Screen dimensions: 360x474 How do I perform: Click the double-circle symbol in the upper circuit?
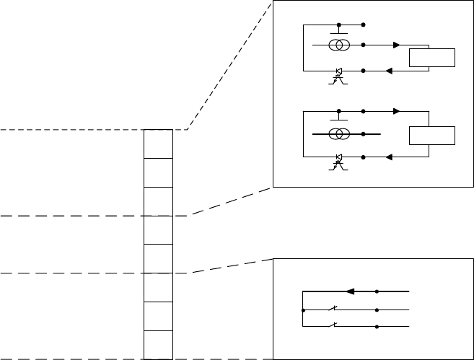coord(339,45)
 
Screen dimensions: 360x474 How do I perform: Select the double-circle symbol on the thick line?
coord(339,134)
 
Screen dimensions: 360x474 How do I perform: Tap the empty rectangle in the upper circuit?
coord(431,58)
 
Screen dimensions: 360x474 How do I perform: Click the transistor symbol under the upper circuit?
coord(338,75)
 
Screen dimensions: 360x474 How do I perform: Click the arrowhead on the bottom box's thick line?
coord(351,292)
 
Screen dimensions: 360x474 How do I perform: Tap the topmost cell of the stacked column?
coord(158,144)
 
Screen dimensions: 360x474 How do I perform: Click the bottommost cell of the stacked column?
coord(158,345)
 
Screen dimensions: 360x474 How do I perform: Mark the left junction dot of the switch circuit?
coord(303,311)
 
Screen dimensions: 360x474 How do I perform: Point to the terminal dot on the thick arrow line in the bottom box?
coord(377,292)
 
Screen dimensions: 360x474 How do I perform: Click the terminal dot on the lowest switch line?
coord(377,327)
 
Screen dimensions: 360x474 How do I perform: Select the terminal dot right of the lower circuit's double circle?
coord(363,134)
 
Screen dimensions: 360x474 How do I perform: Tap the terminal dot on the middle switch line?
coord(377,311)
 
